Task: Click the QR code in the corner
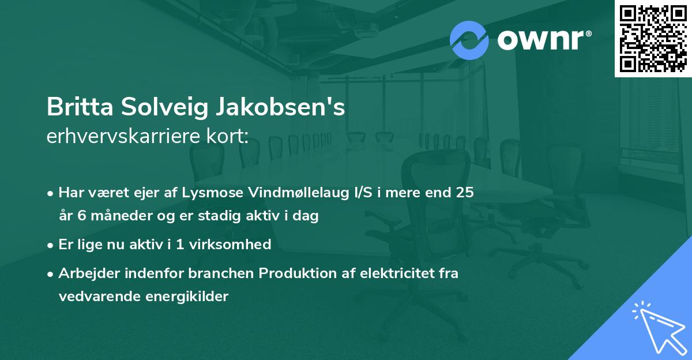[x=653, y=38]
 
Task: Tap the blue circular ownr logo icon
[x=469, y=40]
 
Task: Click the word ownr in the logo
[x=544, y=40]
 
